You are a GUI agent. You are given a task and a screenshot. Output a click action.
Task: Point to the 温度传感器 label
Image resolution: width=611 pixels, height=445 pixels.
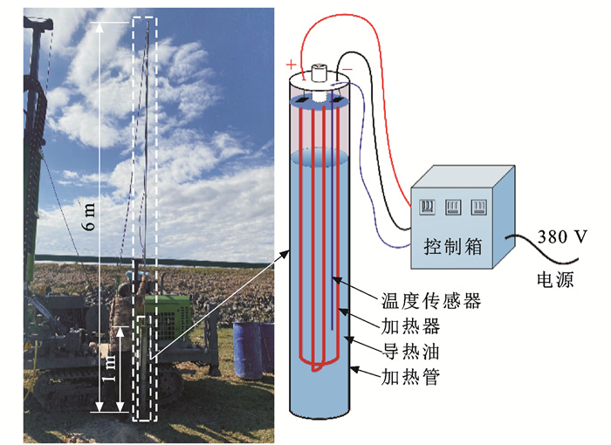click(x=432, y=303)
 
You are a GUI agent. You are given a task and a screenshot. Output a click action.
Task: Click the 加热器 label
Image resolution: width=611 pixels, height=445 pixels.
click(x=410, y=327)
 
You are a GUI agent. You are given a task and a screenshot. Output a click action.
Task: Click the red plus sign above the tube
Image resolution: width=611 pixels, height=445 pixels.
click(x=289, y=64)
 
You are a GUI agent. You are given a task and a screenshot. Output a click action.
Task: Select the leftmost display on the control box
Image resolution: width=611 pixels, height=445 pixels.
click(x=428, y=207)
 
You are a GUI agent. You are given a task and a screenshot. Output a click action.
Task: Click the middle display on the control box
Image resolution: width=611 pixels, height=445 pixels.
click(x=453, y=207)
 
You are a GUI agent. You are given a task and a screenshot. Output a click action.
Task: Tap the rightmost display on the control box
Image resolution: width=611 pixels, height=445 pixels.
click(x=477, y=207)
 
